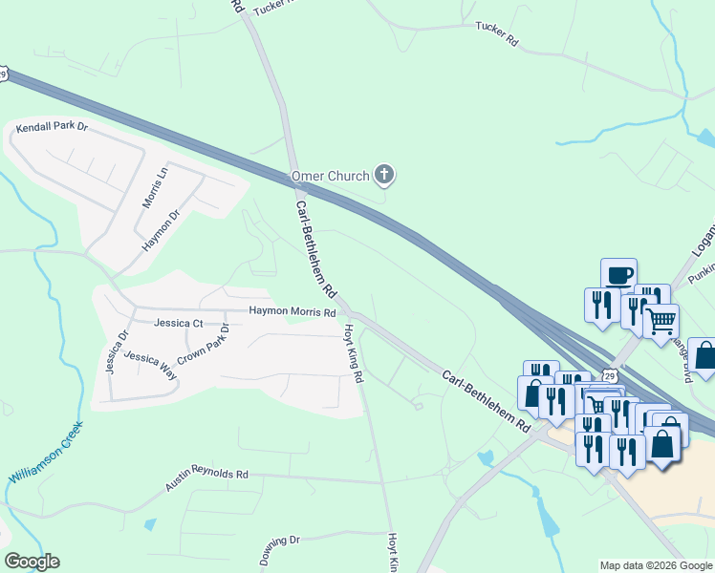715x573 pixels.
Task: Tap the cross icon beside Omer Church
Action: coord(383,174)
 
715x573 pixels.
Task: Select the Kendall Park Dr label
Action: coord(52,127)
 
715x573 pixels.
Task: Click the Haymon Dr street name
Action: coord(162,228)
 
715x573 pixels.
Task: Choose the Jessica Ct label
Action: coord(171,323)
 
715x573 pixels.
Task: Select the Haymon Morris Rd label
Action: coord(292,311)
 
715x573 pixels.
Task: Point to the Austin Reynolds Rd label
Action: coord(206,478)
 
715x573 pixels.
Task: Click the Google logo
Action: coord(32,562)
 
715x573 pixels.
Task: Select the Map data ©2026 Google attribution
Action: coord(656,565)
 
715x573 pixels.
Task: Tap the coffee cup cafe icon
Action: coord(618,273)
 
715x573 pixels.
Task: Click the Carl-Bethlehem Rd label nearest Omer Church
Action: coord(315,247)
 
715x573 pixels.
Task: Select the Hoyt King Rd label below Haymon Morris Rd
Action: coord(354,353)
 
